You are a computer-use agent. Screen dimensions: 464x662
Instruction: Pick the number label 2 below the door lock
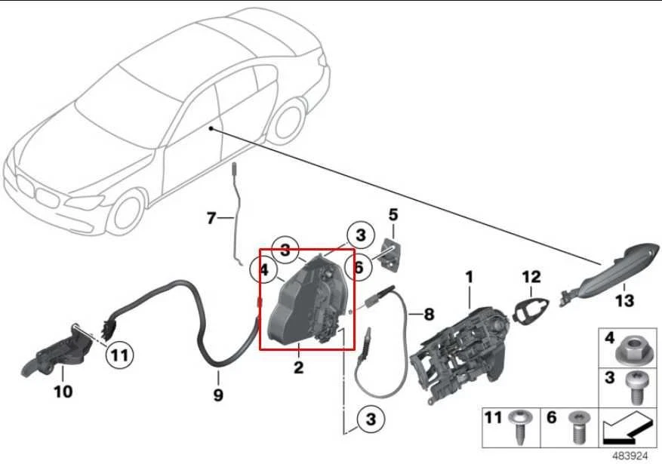click(x=299, y=368)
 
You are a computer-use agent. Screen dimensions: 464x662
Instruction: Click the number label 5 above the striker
click(x=393, y=215)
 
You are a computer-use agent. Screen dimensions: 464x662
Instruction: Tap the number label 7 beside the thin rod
click(x=211, y=219)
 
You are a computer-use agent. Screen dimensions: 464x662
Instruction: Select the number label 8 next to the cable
click(x=429, y=314)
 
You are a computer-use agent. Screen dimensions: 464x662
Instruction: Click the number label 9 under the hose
click(x=218, y=394)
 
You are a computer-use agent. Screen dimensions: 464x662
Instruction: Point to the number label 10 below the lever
click(x=63, y=392)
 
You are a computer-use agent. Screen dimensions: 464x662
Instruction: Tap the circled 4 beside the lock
click(x=264, y=269)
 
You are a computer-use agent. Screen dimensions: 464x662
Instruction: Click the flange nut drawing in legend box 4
click(x=631, y=351)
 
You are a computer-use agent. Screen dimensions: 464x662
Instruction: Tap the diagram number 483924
click(x=629, y=456)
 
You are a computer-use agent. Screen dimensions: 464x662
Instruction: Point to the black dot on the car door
click(x=213, y=129)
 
